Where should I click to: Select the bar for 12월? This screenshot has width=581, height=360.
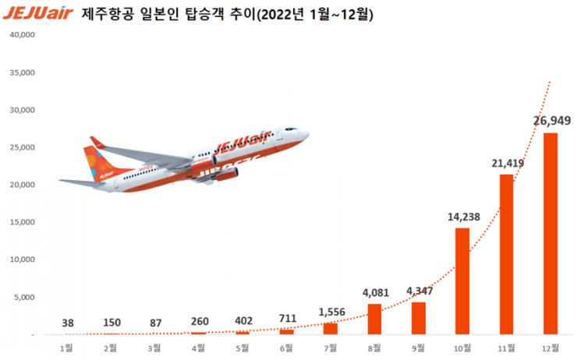pos(551,233)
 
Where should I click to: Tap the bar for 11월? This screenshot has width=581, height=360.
pos(507,254)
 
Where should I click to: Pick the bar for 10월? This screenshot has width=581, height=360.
pos(462,281)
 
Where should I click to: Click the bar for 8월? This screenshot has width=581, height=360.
pos(374,319)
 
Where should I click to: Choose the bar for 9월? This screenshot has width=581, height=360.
pos(419,318)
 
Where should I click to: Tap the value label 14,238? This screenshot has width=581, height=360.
pos(462,217)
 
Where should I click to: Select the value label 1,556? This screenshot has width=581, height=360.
pos(331,311)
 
